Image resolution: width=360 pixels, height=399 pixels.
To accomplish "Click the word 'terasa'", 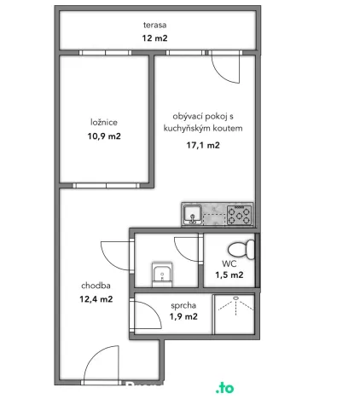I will [155, 25].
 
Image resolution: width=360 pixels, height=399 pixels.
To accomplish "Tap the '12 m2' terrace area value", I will [154, 38].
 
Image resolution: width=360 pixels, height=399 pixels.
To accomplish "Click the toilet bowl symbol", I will [247, 251].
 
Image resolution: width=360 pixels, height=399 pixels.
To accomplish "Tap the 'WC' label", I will [230, 263].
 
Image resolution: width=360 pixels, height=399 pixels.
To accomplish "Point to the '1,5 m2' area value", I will [229, 275].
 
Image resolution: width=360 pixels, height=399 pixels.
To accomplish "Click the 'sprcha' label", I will [183, 304].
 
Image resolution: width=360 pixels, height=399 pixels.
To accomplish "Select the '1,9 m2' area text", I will [183, 316].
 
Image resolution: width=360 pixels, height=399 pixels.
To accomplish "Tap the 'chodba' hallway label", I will [95, 286].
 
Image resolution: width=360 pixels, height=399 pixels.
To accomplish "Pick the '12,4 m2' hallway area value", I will [96, 299].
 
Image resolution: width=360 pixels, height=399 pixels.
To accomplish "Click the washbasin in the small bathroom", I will [162, 275].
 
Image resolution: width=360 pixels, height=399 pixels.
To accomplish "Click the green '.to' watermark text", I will [225, 388].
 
